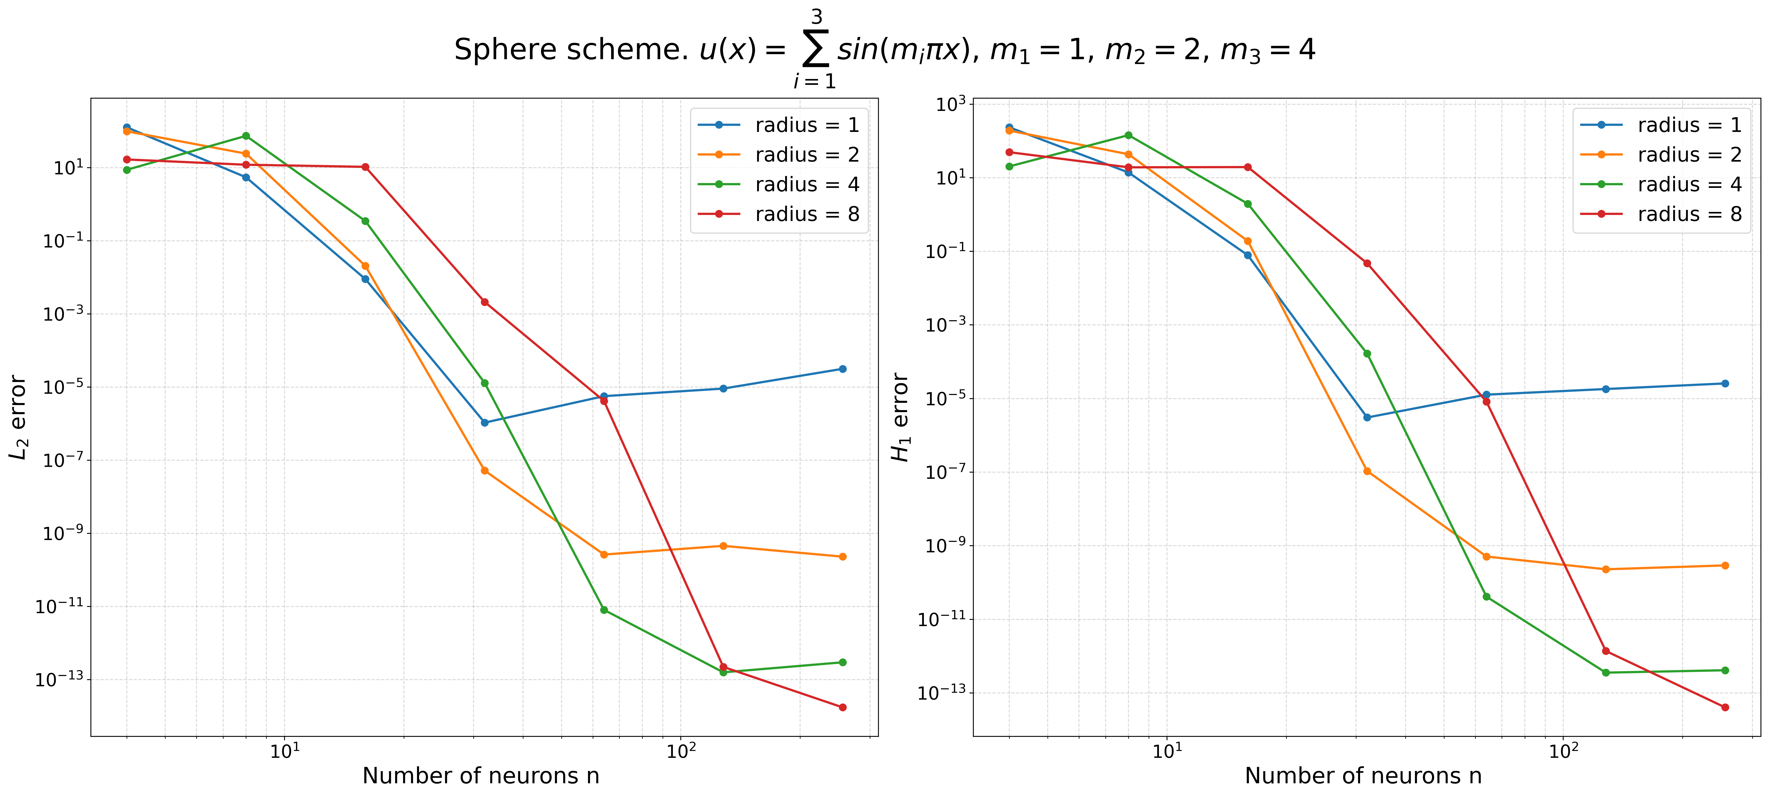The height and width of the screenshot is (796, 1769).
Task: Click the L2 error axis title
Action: [x=18, y=417]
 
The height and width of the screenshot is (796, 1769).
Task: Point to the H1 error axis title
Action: [x=900, y=417]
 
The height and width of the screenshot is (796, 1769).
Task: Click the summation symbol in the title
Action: [x=816, y=48]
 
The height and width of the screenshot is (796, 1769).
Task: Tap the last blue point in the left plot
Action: [x=843, y=369]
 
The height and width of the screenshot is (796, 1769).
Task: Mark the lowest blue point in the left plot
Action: [x=485, y=422]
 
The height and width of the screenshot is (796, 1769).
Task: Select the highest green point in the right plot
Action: [x=1128, y=135]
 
